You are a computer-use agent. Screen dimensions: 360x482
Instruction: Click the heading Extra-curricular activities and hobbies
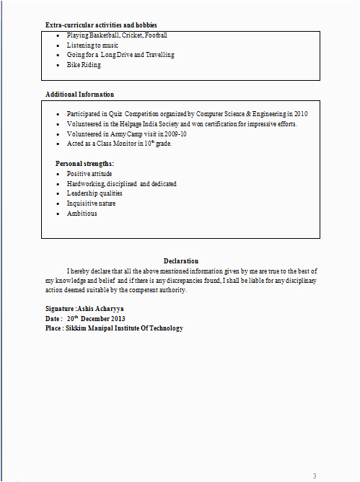point(101,25)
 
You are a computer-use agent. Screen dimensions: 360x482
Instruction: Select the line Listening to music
point(92,45)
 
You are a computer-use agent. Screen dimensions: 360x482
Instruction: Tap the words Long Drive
point(117,55)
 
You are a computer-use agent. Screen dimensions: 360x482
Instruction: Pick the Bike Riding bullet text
point(84,65)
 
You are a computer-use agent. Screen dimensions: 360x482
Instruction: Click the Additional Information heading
point(79,95)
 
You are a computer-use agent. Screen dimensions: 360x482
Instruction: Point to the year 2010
point(300,114)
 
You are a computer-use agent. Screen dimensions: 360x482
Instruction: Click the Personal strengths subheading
point(84,164)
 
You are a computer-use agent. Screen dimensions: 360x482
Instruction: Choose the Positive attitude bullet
point(89,174)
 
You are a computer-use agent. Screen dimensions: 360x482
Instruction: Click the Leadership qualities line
point(95,193)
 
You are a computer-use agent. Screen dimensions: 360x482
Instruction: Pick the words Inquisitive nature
point(91,203)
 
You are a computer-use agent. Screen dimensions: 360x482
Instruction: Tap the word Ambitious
point(82,214)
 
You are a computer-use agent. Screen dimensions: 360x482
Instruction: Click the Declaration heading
point(180,260)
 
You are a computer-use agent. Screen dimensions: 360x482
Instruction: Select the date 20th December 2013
point(96,318)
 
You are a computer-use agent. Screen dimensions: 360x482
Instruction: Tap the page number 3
point(314,476)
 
